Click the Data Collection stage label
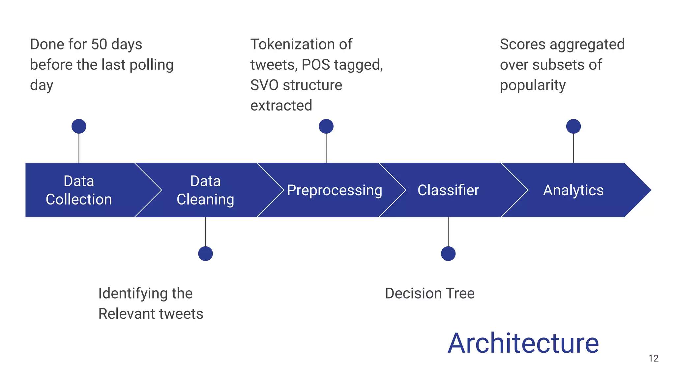79,190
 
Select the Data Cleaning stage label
205,190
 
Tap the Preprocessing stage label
334,190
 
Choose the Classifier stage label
448,190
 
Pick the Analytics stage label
573,190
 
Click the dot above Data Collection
79,126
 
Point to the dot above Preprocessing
326,126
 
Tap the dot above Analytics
573,126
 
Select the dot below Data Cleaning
205,254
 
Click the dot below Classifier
448,254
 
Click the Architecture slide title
523,343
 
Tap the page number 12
653,358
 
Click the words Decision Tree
429,293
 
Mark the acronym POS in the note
315,65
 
